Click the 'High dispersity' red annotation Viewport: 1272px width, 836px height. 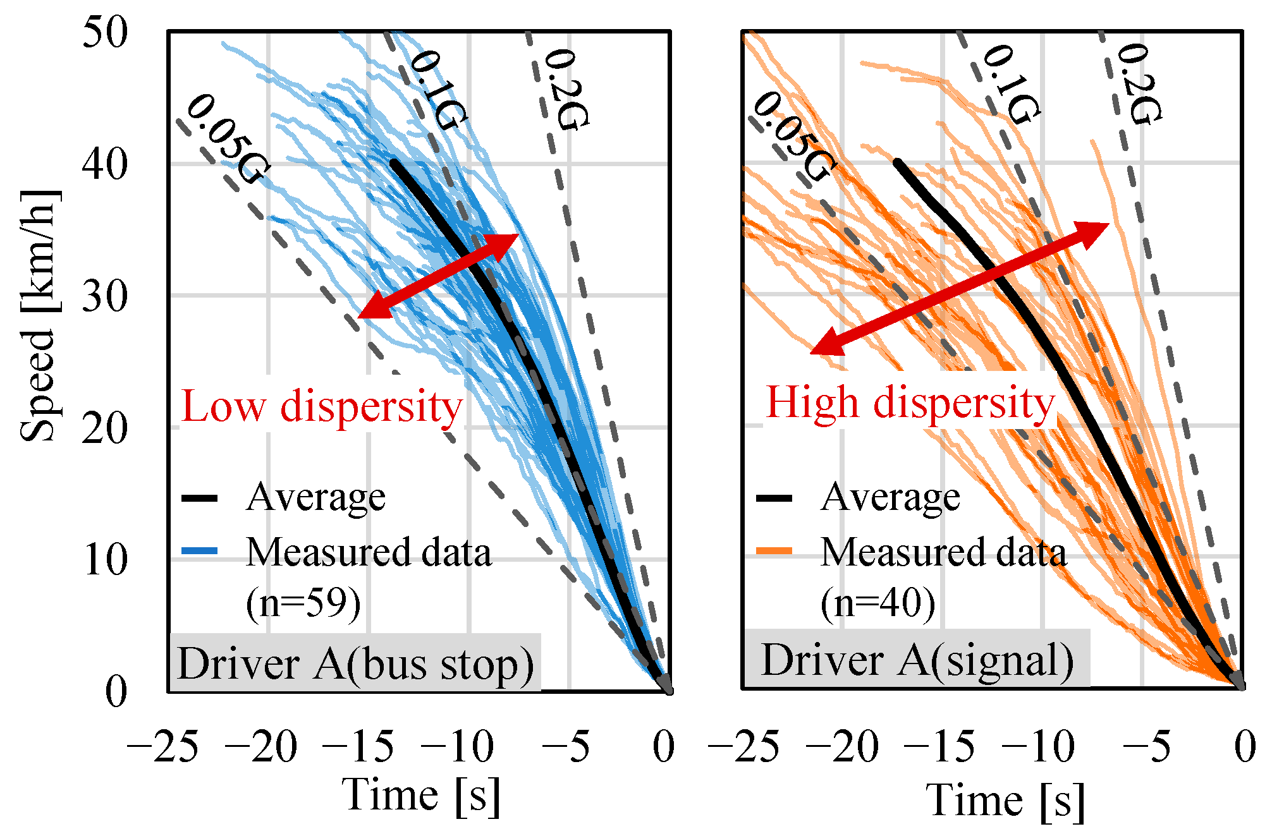point(910,403)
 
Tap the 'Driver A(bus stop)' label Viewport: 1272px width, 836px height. point(355,664)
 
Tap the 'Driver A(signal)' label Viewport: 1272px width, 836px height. point(917,660)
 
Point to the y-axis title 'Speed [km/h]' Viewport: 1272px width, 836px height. point(39,316)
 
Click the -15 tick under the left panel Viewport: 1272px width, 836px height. point(358,747)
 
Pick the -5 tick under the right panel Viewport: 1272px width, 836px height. point(1146,747)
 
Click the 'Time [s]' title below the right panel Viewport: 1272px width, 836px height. point(1005,801)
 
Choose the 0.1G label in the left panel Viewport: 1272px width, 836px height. point(438,90)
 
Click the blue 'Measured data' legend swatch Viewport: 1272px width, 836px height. point(200,551)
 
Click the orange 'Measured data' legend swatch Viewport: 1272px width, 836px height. point(774,551)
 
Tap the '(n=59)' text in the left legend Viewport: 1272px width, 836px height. point(303,603)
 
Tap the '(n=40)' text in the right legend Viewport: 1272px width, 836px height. point(878,603)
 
